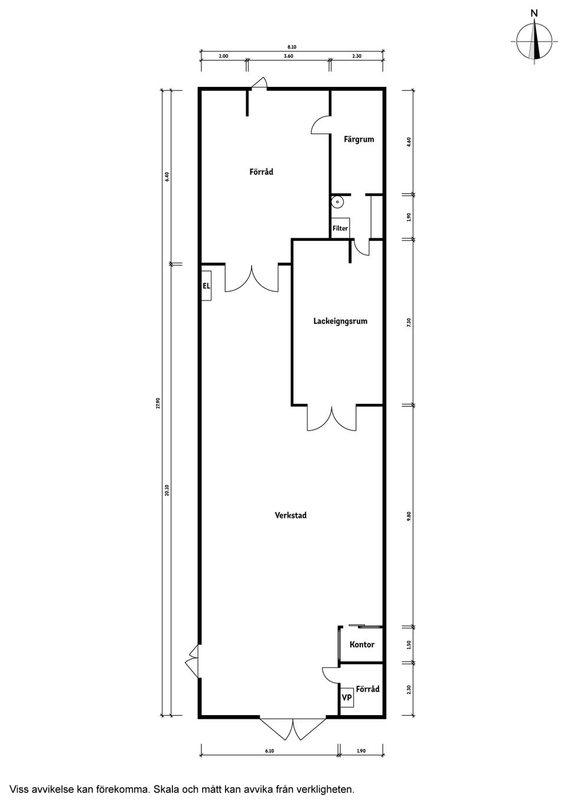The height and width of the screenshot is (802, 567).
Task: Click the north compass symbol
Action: tap(535, 40)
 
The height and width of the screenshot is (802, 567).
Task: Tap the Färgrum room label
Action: tap(359, 140)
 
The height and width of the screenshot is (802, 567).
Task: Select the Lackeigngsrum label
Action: tap(340, 321)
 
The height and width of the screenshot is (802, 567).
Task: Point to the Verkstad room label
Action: tap(291, 515)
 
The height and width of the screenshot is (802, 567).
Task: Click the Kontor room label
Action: tap(362, 644)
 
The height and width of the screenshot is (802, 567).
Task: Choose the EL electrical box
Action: tap(207, 286)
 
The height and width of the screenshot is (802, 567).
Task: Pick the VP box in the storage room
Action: tap(347, 698)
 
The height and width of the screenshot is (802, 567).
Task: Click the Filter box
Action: tap(340, 228)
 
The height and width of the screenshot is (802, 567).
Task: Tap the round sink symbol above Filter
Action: tap(337, 201)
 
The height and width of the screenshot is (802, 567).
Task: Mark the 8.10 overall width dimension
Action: tap(292, 47)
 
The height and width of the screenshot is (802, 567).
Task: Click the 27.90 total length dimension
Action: tap(158, 403)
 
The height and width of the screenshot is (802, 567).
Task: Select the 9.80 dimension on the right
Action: tap(409, 516)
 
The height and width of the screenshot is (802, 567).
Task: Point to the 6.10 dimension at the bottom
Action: tap(269, 751)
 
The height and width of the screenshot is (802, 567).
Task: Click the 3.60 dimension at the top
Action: tap(288, 56)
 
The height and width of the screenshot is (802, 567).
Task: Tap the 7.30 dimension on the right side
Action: tap(409, 322)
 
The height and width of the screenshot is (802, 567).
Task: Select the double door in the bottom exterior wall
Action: tap(293, 729)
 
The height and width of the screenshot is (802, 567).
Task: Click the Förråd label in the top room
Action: tap(261, 172)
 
